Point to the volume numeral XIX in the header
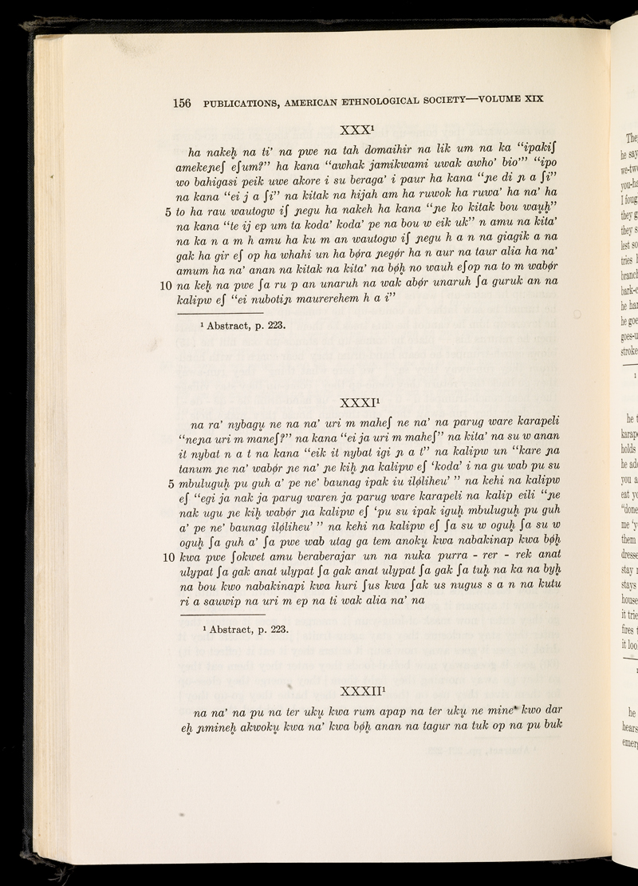tap(530, 99)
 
